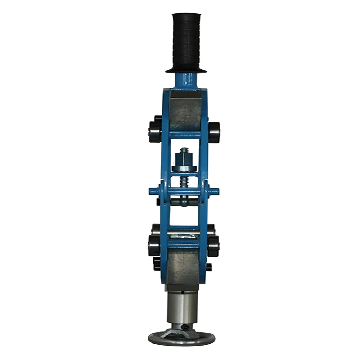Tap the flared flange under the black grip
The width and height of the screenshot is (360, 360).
coord(185,70)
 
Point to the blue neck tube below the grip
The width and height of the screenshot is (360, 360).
coord(185,81)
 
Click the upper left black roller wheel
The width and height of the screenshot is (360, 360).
coord(154,130)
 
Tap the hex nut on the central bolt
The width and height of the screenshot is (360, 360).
coord(184,159)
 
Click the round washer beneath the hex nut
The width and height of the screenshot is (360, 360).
coord(184,169)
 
